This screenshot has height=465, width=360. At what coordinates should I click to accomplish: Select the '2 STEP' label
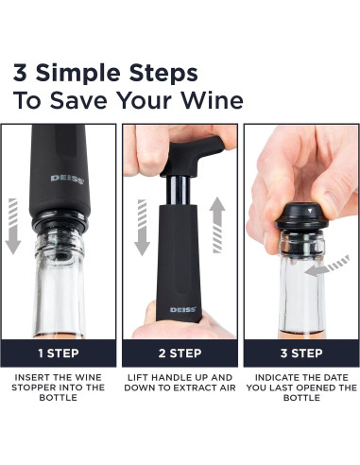(180, 353)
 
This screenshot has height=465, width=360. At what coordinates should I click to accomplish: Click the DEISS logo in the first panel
(65, 177)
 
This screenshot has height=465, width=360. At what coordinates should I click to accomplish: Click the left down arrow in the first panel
(12, 226)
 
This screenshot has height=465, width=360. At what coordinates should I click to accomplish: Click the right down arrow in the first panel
(106, 226)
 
